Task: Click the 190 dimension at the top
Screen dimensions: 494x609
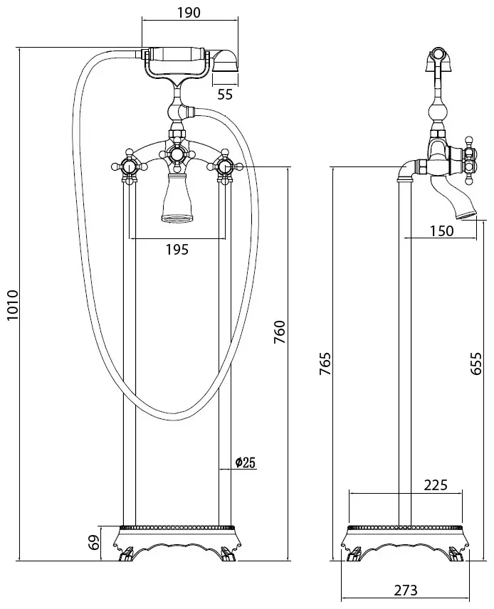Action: click(x=189, y=12)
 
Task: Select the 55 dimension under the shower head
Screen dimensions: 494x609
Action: click(x=225, y=94)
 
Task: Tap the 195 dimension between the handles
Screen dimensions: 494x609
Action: click(x=177, y=249)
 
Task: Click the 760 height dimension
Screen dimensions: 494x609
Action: click(x=280, y=332)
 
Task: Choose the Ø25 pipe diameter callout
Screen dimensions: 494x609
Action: click(x=245, y=462)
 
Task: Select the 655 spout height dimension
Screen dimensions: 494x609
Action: click(x=475, y=364)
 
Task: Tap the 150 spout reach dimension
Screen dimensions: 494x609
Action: click(x=442, y=231)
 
